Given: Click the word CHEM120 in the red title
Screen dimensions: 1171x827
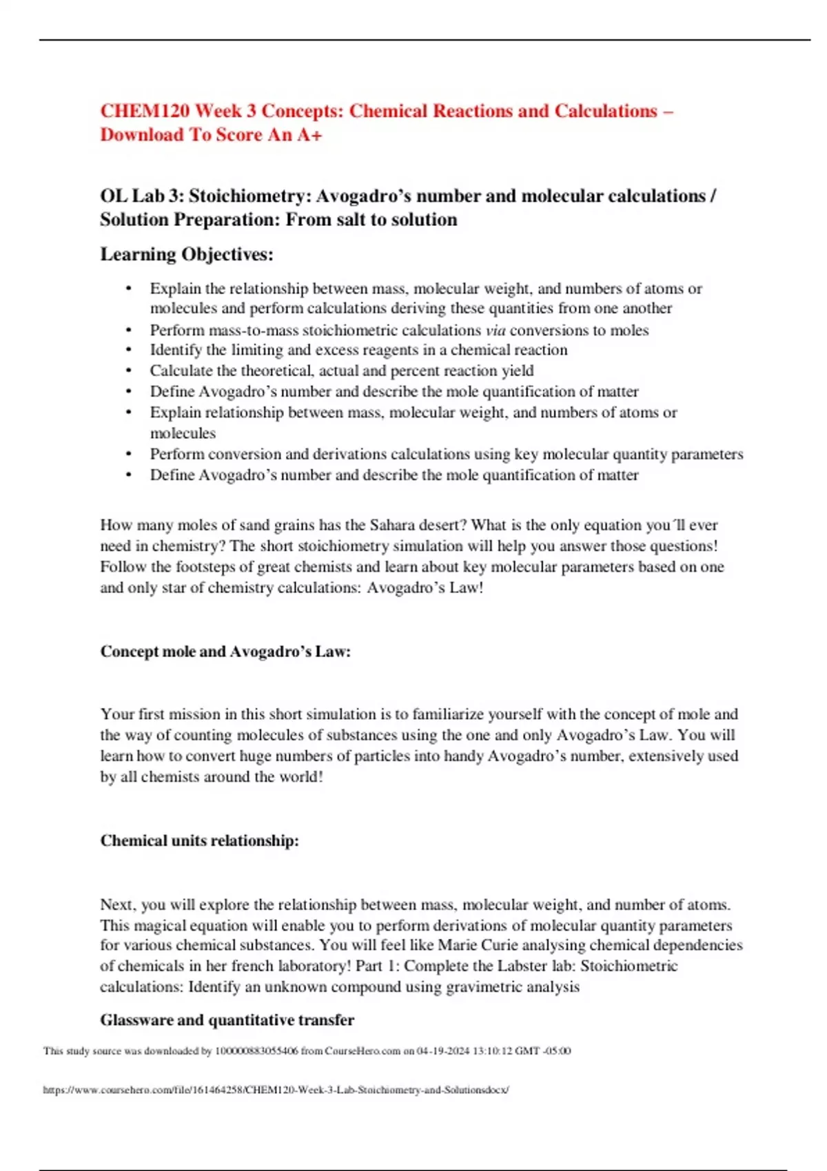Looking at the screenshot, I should coord(144,111).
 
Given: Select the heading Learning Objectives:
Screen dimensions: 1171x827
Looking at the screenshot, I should coord(187,254).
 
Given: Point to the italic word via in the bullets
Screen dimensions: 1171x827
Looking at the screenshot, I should coord(496,330).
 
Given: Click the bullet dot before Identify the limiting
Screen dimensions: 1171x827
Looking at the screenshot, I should coord(129,350).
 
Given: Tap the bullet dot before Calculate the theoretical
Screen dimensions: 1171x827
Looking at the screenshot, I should coord(129,371).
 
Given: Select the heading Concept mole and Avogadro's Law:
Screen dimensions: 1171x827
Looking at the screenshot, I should coord(225,652).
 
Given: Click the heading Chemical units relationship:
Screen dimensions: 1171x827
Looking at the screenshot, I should coord(200,840).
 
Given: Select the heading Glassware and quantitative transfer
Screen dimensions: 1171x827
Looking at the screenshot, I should coord(227,1020).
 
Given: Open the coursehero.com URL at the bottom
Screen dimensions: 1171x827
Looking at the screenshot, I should coord(276,1090).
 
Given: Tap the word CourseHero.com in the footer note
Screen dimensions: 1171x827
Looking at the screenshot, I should coord(363,1051).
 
